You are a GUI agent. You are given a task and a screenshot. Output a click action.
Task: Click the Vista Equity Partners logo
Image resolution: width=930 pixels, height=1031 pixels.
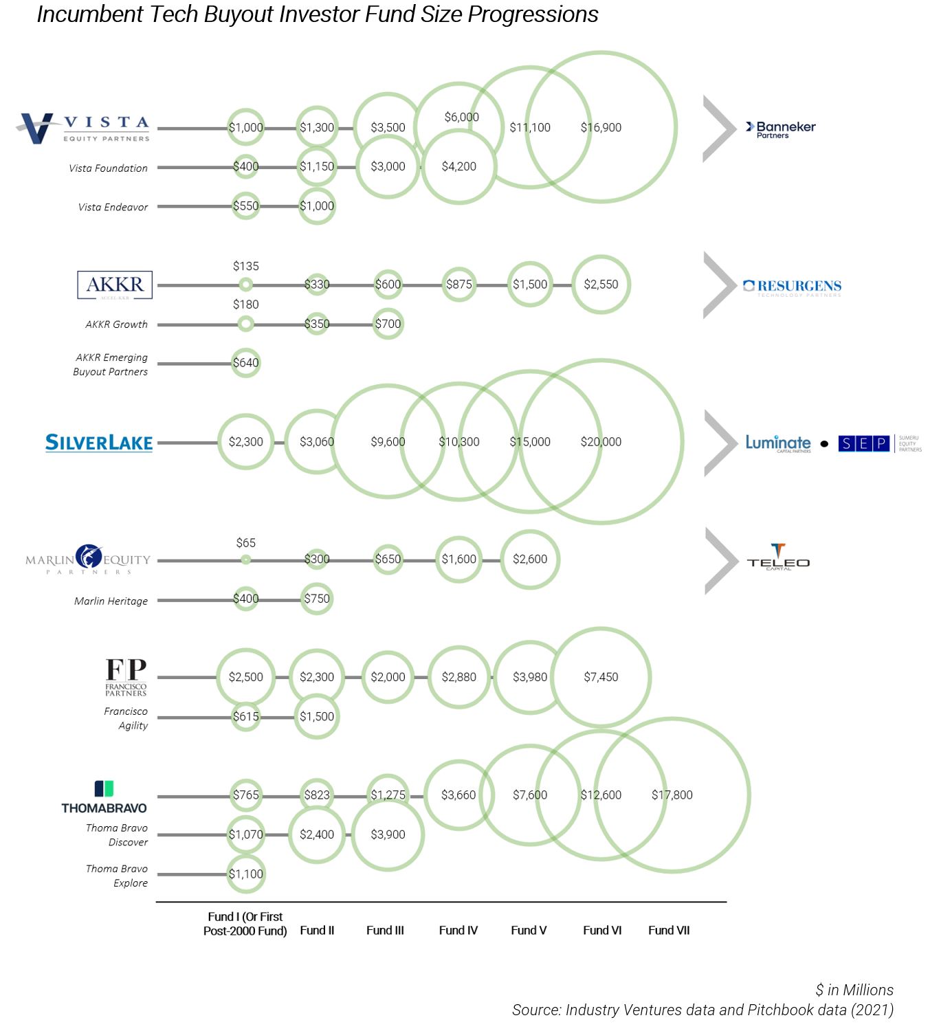(82, 128)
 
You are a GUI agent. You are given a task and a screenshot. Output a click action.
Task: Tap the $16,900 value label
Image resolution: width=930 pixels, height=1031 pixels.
(601, 127)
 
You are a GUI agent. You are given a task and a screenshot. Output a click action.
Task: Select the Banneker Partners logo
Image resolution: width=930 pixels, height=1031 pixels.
(781, 129)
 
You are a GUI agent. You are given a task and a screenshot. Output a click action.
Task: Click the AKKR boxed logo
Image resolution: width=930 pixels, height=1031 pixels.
(114, 285)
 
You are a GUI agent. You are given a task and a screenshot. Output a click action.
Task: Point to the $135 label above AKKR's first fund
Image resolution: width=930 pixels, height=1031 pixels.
(245, 266)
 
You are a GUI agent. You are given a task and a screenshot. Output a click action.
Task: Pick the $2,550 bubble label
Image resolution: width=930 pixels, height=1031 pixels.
(601, 284)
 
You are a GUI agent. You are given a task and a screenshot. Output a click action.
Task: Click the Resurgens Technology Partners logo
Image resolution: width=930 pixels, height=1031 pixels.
(792, 287)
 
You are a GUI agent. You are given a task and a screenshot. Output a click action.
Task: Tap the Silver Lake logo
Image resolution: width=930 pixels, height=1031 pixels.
(99, 443)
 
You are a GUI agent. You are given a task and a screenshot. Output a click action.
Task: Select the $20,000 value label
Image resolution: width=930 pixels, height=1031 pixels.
(601, 442)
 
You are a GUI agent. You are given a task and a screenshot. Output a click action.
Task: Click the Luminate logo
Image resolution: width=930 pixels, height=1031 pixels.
(778, 443)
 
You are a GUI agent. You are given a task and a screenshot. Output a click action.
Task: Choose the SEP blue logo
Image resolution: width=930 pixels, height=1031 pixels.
(863, 443)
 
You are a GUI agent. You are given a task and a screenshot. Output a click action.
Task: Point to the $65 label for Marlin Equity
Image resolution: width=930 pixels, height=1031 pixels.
(245, 543)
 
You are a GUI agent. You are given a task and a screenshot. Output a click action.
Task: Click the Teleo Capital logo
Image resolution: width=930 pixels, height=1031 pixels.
(778, 558)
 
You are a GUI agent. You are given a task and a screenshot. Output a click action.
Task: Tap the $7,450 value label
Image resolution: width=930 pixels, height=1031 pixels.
(601, 677)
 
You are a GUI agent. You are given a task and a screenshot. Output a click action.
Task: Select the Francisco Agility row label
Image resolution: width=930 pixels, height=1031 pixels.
(126, 718)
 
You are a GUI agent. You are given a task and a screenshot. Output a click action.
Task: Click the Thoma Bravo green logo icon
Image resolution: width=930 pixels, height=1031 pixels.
(104, 788)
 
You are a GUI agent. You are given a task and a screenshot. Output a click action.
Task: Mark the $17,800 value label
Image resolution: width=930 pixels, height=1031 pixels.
(672, 795)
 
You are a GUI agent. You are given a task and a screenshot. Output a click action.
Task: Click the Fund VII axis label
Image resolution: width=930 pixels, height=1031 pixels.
(669, 930)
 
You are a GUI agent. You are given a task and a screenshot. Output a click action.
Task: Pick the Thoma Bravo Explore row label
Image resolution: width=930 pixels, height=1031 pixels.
(117, 876)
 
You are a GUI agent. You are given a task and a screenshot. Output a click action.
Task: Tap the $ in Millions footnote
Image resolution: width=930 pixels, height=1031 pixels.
(854, 990)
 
